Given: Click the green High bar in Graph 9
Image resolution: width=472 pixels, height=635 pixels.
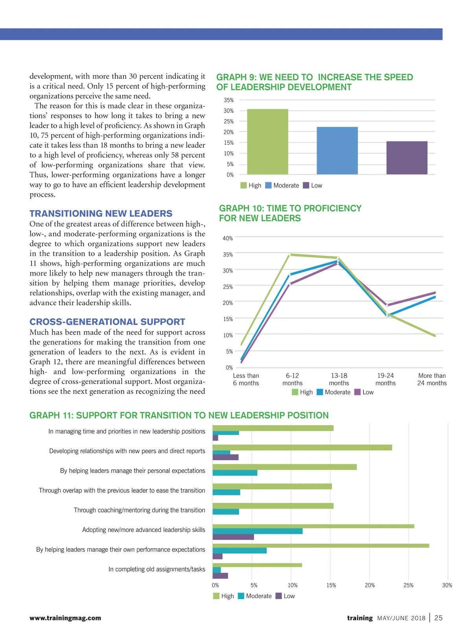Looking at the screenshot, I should pyautogui.click(x=267, y=142).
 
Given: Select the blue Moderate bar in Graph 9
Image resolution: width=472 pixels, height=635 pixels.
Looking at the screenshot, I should pyautogui.click(x=337, y=150).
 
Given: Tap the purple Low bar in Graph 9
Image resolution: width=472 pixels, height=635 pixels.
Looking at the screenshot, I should pyautogui.click(x=407, y=157).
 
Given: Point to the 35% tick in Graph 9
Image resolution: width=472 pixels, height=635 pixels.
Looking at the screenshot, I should pyautogui.click(x=229, y=100).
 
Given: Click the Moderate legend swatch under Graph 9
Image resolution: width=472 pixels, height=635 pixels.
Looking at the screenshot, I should pyautogui.click(x=269, y=185).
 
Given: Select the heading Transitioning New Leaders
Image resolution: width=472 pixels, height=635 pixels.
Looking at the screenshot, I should pyautogui.click(x=101, y=213).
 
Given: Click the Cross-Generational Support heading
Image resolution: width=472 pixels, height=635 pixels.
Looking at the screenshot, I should pyautogui.click(x=107, y=322).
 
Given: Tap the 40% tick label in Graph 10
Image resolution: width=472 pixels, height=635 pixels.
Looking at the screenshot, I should pyautogui.click(x=228, y=238).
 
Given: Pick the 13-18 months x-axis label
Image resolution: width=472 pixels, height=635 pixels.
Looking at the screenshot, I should pyautogui.click(x=339, y=380).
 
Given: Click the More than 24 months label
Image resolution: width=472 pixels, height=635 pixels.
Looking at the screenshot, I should pyautogui.click(x=432, y=380).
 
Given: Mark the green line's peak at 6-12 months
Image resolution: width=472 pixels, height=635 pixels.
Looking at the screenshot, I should pyautogui.click(x=290, y=255).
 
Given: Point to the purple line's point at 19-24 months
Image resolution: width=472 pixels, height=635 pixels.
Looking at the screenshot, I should pyautogui.click(x=387, y=305).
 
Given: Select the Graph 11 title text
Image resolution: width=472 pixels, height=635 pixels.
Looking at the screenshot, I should pyautogui.click(x=179, y=415).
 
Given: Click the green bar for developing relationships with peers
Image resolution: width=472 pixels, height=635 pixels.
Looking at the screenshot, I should pyautogui.click(x=302, y=448).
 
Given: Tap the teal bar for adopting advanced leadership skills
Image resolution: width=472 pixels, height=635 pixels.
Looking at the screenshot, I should pyautogui.click(x=258, y=531).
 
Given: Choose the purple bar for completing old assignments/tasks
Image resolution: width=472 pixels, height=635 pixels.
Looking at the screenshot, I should pyautogui.click(x=220, y=576).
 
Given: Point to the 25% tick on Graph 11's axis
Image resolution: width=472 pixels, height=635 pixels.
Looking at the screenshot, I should pyautogui.click(x=408, y=585).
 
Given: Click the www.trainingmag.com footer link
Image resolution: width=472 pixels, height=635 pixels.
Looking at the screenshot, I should pyautogui.click(x=65, y=618).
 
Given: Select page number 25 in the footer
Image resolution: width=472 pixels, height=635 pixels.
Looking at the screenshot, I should pyautogui.click(x=438, y=618).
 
